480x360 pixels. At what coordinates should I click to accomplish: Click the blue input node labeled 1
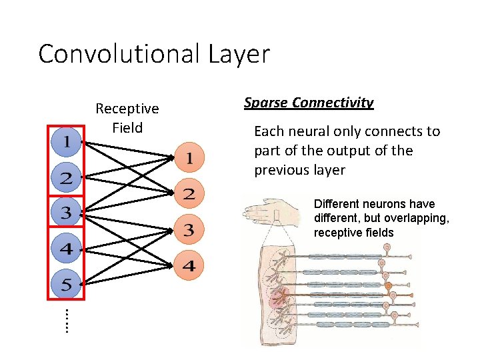[x=67, y=142]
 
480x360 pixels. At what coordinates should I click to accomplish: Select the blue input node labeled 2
[x=67, y=178]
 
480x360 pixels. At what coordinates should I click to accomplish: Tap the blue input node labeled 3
[x=67, y=213]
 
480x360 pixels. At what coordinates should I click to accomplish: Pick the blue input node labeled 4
[x=67, y=249]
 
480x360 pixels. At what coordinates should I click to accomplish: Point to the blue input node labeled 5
[x=67, y=285]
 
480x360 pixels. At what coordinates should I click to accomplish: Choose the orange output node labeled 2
[x=189, y=195]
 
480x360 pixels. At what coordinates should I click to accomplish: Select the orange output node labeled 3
[x=189, y=231]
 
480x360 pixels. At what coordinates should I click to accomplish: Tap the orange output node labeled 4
[x=189, y=266]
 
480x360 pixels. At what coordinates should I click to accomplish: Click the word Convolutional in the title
[x=117, y=54]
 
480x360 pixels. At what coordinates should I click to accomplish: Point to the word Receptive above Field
[x=127, y=109]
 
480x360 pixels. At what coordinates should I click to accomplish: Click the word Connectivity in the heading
[x=331, y=103]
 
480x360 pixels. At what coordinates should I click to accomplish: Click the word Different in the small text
[x=337, y=204]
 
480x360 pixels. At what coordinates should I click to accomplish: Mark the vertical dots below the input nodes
[x=67, y=320]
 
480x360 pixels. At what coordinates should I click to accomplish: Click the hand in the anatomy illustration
[x=265, y=210]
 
